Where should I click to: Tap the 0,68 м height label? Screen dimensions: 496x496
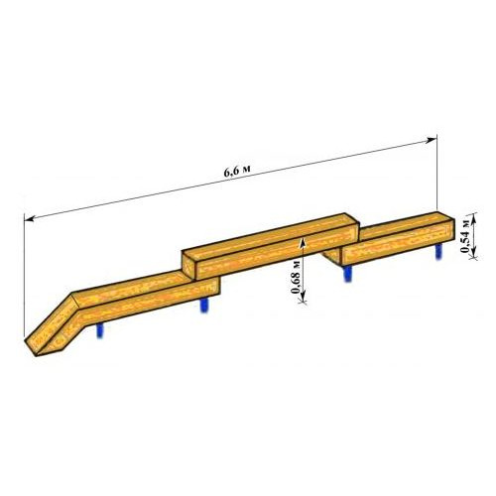coord(296,277)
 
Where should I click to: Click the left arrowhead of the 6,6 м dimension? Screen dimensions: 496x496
coord(29,218)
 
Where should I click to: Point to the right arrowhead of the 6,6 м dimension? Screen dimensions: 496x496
coord(432,140)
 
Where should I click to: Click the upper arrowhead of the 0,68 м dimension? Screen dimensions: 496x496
coord(302,243)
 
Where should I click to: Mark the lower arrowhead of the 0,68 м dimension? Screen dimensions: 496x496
coord(303,299)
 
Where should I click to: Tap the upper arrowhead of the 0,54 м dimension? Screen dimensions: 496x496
coord(473,218)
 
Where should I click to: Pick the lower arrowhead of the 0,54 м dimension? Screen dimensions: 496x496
coord(473,254)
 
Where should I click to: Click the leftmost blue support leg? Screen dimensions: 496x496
coord(99,330)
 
